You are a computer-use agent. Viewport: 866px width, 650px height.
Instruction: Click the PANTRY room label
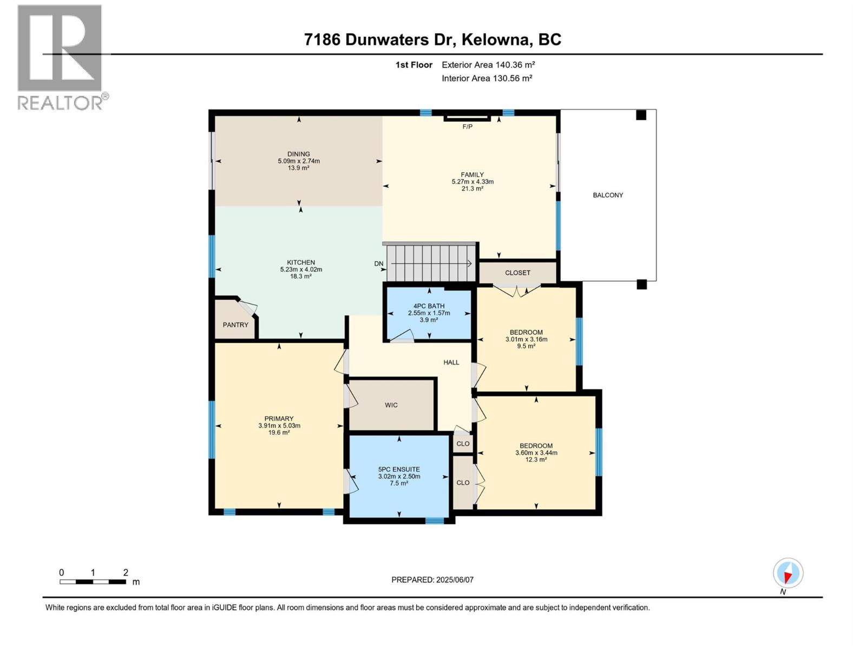click(235, 325)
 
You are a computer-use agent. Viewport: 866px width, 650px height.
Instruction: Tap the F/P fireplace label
click(467, 127)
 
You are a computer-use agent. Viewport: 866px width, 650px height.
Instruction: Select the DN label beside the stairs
click(379, 264)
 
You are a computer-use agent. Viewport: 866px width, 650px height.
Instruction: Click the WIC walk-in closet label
click(391, 405)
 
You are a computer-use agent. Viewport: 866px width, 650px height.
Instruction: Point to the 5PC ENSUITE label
click(399, 470)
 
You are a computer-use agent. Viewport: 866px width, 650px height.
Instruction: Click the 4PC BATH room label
click(429, 306)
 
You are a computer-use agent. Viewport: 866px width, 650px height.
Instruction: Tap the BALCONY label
click(608, 195)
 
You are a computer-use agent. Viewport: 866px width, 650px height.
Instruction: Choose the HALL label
click(451, 362)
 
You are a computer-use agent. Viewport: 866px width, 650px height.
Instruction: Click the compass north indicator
click(788, 574)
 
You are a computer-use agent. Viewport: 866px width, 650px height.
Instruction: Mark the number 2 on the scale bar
click(126, 573)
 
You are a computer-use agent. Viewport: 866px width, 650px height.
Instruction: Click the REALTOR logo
click(60, 57)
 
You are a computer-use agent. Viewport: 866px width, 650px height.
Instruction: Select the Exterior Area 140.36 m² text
click(488, 65)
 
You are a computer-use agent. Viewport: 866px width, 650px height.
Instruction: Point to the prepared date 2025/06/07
click(455, 580)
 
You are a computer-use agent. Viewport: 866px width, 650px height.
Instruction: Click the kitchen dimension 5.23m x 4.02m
click(301, 269)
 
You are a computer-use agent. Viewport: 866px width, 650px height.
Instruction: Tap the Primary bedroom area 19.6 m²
click(279, 432)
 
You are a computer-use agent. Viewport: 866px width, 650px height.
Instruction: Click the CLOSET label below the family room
click(517, 273)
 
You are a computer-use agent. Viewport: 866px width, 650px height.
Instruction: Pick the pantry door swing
click(247, 307)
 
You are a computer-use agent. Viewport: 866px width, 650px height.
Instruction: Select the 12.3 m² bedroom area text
click(536, 459)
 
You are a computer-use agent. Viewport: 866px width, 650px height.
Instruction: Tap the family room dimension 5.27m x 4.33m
click(473, 182)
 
